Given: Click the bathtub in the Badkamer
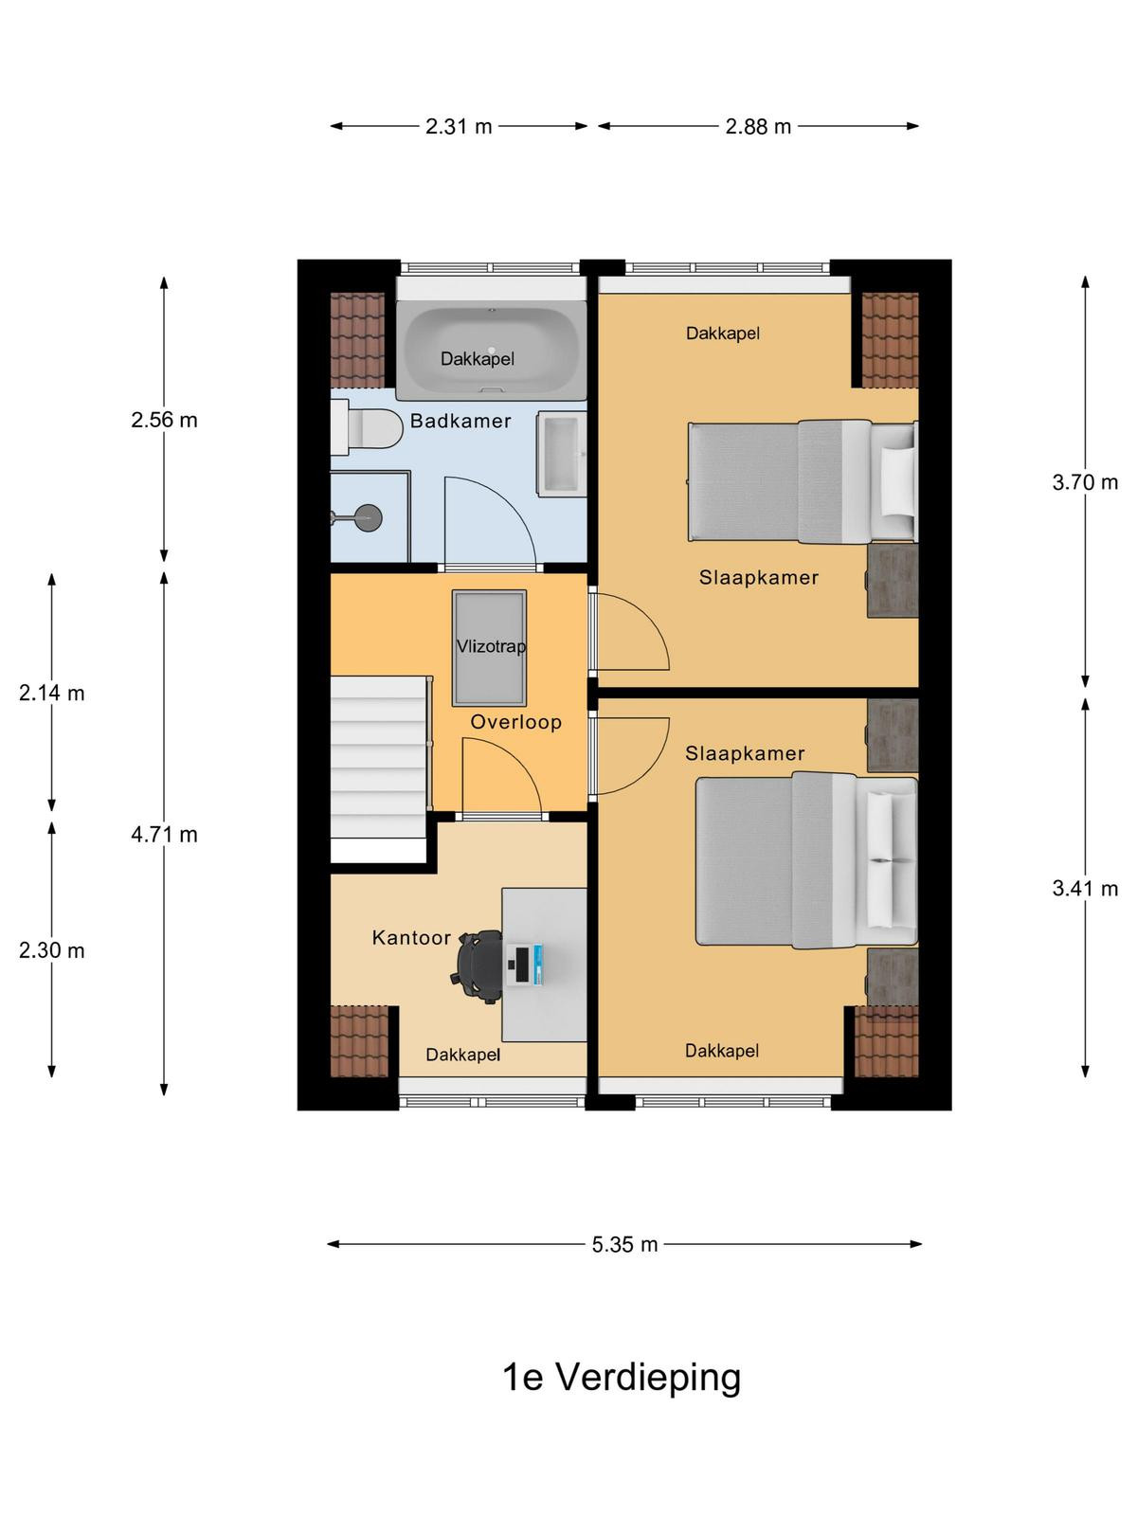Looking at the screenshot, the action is point(492,351).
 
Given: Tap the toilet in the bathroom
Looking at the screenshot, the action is point(367,427).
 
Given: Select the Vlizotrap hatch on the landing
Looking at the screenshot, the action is point(490,648).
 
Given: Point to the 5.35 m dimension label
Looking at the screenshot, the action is point(624,1245).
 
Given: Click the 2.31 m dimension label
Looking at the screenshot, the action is point(459,126).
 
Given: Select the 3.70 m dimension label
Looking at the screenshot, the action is point(1085,482).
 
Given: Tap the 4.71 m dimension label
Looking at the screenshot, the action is point(164,835).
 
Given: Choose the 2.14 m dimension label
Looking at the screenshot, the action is point(52,693).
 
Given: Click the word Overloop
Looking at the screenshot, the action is point(515,722).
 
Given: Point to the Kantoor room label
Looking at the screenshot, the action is point(411,937).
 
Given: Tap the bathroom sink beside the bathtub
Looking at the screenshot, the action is point(562,454).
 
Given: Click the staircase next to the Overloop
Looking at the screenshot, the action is point(380,768).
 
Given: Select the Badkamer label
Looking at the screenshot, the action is point(460,421).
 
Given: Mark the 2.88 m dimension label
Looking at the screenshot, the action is point(758,126).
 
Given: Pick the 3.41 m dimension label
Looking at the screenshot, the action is point(1085,888).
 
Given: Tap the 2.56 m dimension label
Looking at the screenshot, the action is point(164,420).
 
